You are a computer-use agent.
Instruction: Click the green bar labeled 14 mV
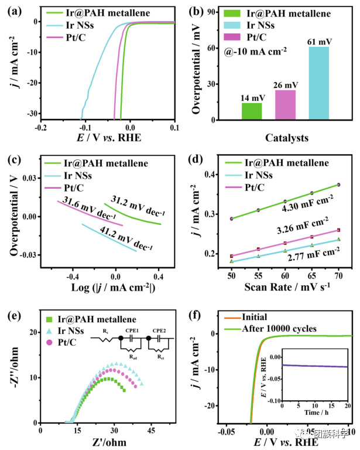pyautogui.click(x=252, y=111)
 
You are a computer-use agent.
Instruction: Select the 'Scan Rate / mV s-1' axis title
pyautogui.click(x=284, y=286)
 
